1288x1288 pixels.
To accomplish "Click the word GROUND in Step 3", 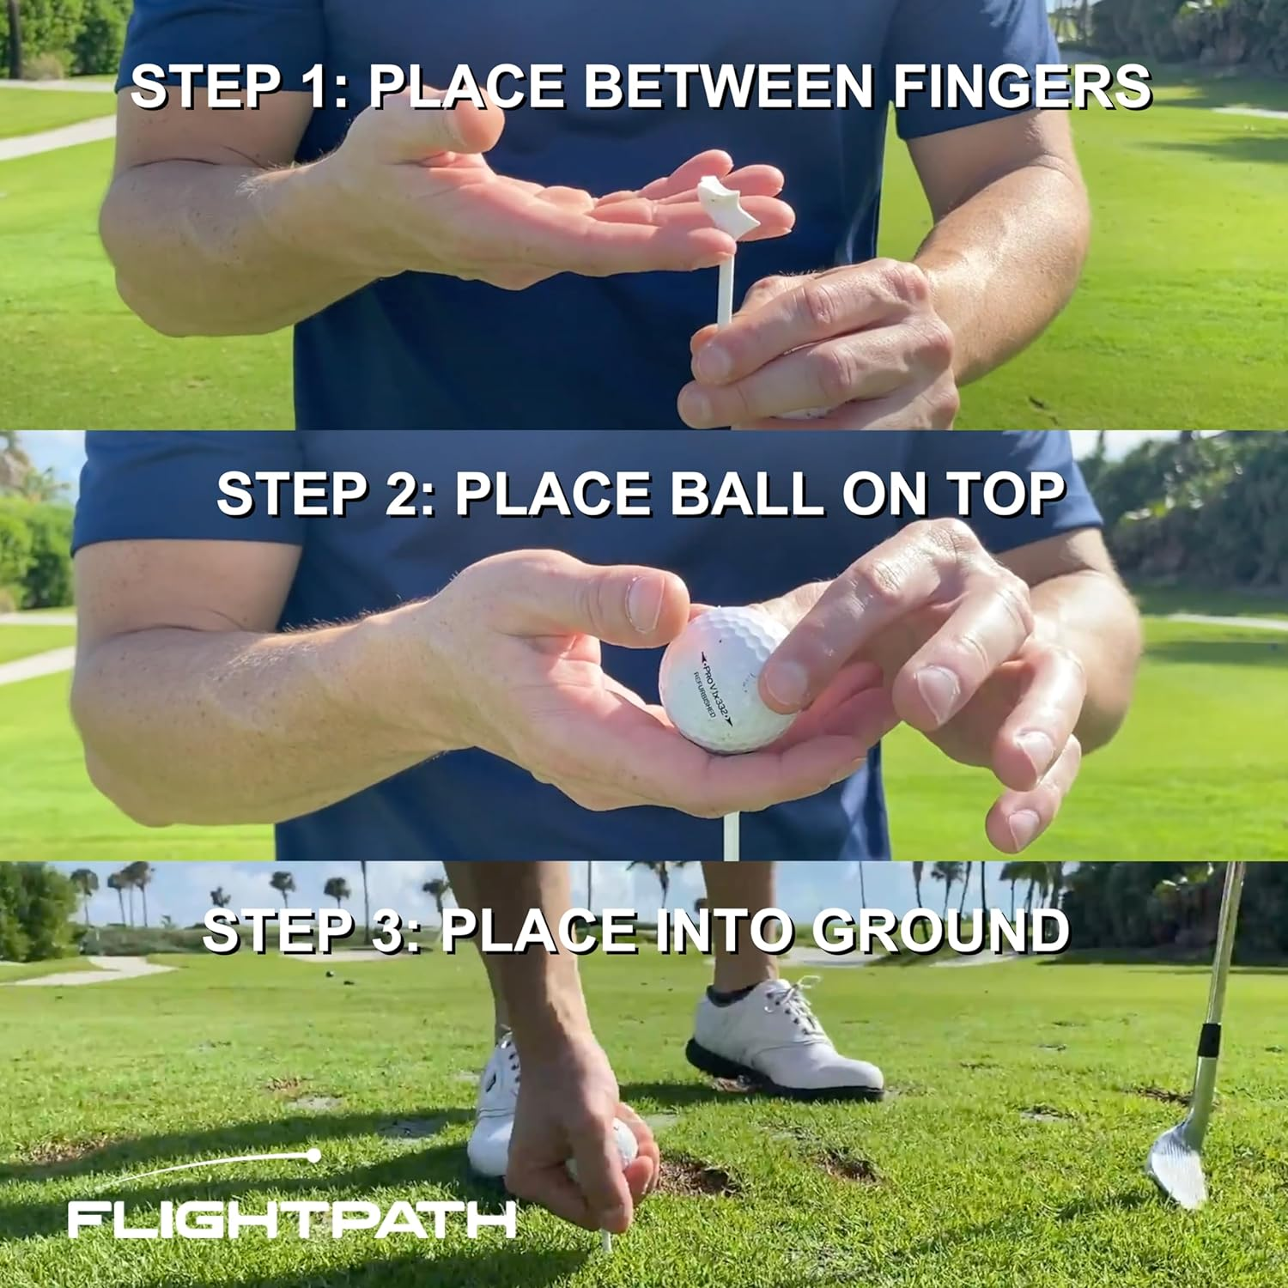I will click(x=940, y=931).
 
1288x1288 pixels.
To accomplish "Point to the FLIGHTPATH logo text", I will click(x=292, y=1220).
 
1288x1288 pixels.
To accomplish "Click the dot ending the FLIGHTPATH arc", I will click(x=314, y=1157).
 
